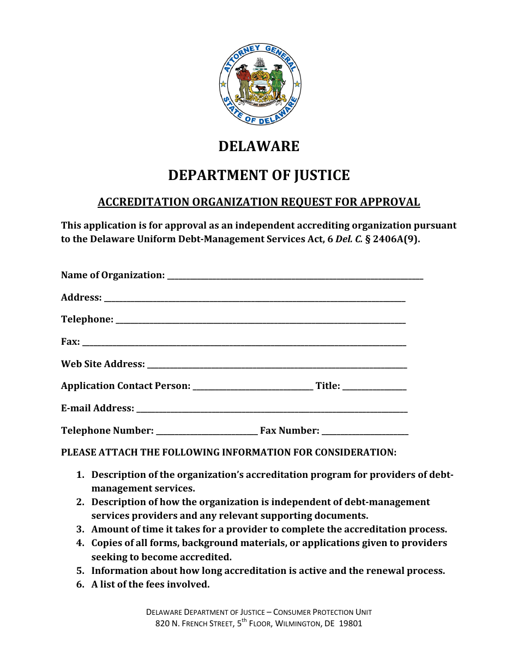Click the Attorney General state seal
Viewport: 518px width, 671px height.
(x=260, y=84)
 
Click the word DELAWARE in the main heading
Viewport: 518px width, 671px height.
(x=259, y=147)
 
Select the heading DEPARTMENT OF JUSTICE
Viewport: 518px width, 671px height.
(x=259, y=175)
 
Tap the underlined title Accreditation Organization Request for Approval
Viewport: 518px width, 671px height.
(x=259, y=202)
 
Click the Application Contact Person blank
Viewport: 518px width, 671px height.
(x=253, y=387)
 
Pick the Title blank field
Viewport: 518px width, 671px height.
(x=375, y=387)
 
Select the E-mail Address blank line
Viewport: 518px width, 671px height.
(x=272, y=410)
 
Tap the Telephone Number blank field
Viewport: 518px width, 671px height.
(x=207, y=432)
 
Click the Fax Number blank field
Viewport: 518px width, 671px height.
(x=365, y=432)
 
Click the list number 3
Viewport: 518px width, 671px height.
(x=80, y=530)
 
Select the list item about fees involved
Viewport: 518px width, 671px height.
(x=150, y=585)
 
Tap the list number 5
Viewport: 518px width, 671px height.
(x=80, y=571)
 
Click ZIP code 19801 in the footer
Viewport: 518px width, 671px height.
(x=351, y=624)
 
